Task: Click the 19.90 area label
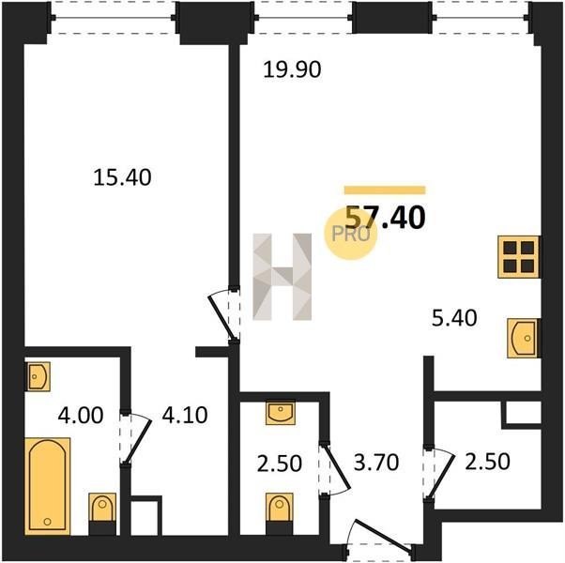[x=292, y=69]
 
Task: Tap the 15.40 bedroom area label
[x=122, y=177]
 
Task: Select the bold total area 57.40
[x=385, y=217]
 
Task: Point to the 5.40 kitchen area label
[x=454, y=318]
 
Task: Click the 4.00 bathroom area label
[x=81, y=415]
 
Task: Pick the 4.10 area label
[x=185, y=415]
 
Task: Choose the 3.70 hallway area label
[x=376, y=463]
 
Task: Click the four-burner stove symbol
[x=518, y=257]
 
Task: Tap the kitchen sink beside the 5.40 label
[x=524, y=338]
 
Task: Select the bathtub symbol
[x=48, y=486]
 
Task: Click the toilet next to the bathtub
[x=102, y=513]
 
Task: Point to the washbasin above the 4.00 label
[x=38, y=376]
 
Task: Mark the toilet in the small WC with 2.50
[x=280, y=513]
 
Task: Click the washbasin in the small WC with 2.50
[x=281, y=413]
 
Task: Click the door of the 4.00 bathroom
[x=135, y=439]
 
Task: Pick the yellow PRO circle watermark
[x=351, y=234]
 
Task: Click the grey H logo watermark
[x=282, y=277]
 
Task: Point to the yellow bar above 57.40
[x=385, y=190]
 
